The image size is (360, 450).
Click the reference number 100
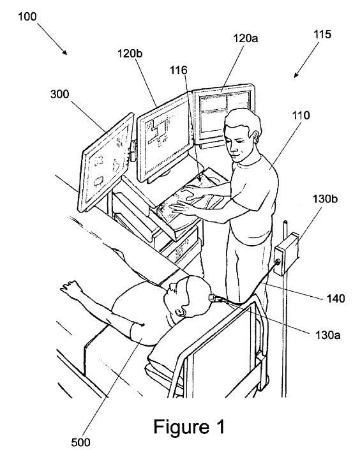point(27,17)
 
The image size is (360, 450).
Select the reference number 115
point(322,34)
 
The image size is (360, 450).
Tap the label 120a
point(245,38)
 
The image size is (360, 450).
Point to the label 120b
point(130,54)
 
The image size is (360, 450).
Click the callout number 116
point(179,70)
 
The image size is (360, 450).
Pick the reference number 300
point(60,94)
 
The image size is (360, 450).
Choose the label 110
point(301,116)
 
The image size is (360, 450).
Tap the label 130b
point(325,199)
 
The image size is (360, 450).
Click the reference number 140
point(336,299)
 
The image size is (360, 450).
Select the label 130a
point(328,335)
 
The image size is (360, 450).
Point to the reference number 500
point(80,442)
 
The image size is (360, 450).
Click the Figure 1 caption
point(189,426)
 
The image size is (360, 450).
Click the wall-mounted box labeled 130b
point(287,253)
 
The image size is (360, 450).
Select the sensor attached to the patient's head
point(213,297)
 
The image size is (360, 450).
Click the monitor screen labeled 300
point(106,162)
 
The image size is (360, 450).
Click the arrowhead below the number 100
point(65,52)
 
